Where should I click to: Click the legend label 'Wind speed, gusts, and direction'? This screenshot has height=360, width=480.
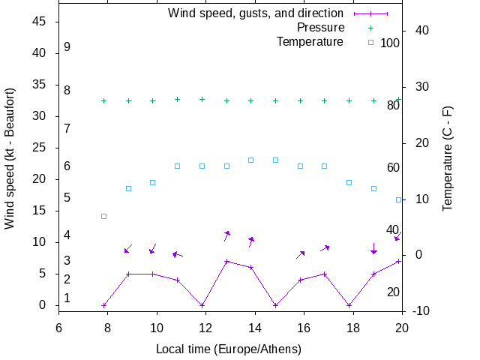[255, 13]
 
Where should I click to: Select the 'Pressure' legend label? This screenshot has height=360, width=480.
[320, 28]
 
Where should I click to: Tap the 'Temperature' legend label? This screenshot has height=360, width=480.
[310, 42]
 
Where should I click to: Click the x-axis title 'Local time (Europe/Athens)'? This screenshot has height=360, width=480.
[229, 349]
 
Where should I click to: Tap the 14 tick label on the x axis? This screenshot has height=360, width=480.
[255, 328]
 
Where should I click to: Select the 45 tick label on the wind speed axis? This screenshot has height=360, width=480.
[40, 22]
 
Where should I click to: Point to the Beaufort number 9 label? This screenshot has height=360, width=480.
[67, 46]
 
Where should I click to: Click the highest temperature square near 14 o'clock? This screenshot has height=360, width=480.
[251, 160]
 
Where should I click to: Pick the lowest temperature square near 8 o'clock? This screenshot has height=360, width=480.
[104, 216]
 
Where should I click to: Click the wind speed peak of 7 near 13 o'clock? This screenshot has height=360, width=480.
[226, 261]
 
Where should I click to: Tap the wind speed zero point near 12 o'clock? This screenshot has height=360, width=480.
[202, 305]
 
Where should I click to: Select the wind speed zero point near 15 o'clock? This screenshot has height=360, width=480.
[276, 305]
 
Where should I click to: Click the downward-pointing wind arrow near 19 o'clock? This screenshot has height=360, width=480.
[373, 248]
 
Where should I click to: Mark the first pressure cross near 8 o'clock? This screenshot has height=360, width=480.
[104, 100]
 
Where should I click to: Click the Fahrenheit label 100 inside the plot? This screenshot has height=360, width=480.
[390, 43]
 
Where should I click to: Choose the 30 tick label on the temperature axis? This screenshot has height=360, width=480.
[421, 86]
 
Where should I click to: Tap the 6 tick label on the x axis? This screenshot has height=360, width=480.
[58, 328]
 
